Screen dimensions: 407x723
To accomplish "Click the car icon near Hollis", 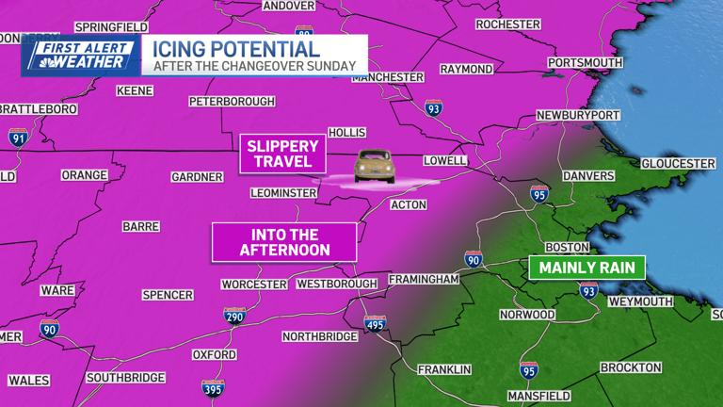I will pyautogui.click(x=374, y=166).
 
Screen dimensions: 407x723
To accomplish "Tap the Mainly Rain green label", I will pyautogui.click(x=586, y=268).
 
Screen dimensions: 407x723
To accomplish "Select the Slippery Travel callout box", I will pyautogui.click(x=282, y=154).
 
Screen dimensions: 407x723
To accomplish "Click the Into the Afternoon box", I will pyautogui.click(x=284, y=242).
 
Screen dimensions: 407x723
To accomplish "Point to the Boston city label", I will pyautogui.click(x=567, y=248).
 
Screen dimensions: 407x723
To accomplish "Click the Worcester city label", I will pyautogui.click(x=253, y=284).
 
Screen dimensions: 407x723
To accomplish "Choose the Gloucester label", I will pyautogui.click(x=678, y=164).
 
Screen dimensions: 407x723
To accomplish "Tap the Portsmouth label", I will pyautogui.click(x=585, y=63).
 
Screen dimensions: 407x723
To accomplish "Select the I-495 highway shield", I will pyautogui.click(x=375, y=323).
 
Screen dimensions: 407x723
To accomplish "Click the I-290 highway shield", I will pyautogui.click(x=234, y=316).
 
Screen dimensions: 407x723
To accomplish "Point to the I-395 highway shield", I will pyautogui.click(x=214, y=387).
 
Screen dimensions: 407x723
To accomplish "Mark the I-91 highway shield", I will pyautogui.click(x=19, y=137).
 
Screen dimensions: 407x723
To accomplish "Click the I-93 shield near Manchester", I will pyautogui.click(x=432, y=108).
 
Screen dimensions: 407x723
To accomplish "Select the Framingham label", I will pyautogui.click(x=426, y=280).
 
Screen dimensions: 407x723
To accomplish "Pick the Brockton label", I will pyautogui.click(x=631, y=367).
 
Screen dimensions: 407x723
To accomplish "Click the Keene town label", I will pyautogui.click(x=135, y=91).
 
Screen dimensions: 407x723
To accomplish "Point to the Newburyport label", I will pyautogui.click(x=578, y=115).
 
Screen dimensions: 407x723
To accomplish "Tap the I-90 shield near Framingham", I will pyautogui.click(x=474, y=259).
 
